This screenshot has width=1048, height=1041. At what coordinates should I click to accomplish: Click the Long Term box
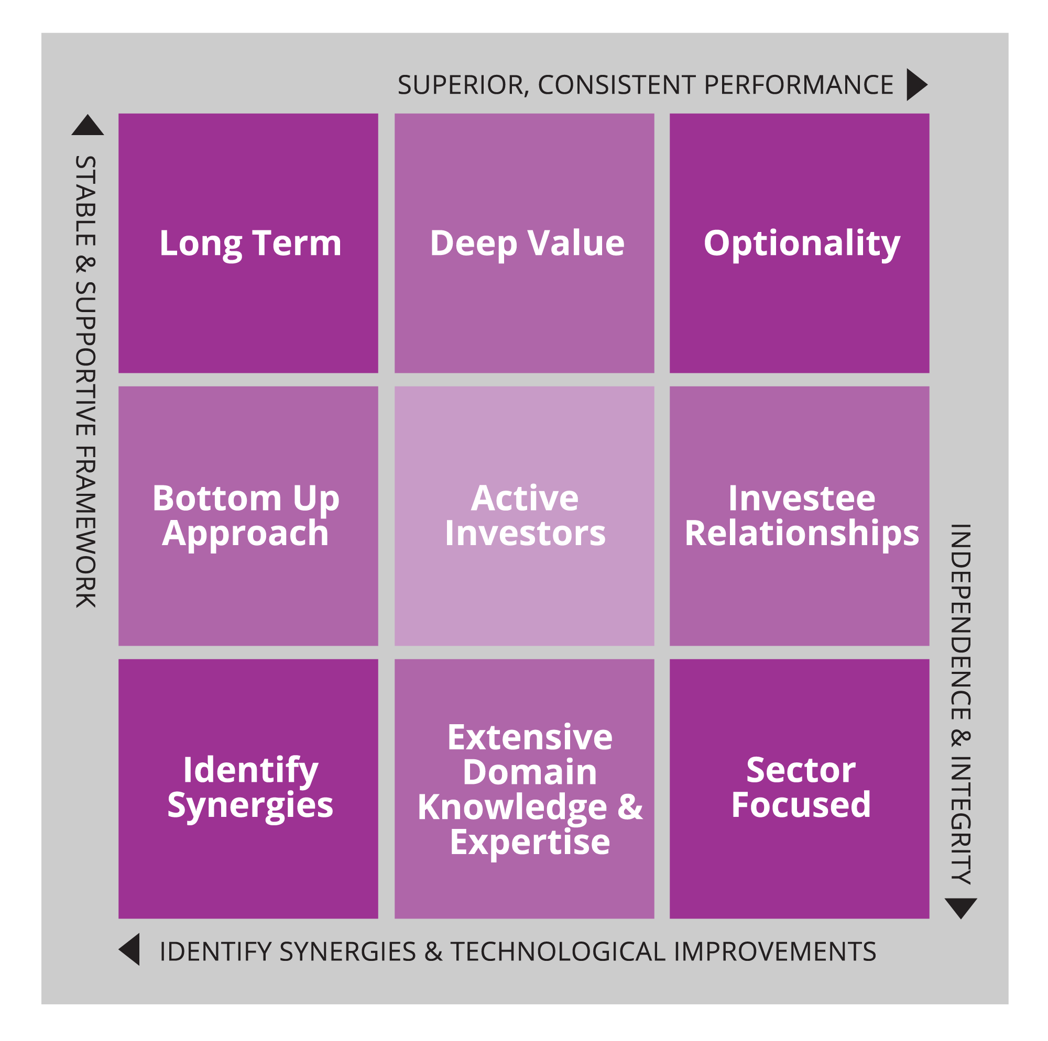[248, 243]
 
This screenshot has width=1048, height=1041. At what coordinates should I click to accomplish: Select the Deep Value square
[524, 243]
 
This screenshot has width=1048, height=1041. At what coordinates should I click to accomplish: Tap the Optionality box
[800, 243]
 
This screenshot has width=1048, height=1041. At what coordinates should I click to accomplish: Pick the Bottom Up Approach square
[248, 516]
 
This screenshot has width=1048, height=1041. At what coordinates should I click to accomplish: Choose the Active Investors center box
[524, 516]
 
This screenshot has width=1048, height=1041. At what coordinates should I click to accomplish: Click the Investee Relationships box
[800, 516]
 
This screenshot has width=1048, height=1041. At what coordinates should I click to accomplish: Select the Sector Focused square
[800, 789]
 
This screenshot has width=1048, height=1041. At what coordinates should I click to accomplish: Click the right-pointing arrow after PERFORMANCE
[916, 85]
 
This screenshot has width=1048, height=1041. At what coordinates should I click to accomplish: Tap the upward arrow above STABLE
[88, 125]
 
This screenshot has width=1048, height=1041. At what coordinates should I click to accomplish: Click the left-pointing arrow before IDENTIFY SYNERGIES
[129, 949]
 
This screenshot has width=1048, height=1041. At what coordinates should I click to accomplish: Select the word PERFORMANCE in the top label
[799, 85]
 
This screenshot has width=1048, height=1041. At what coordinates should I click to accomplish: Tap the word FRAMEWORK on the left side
[86, 526]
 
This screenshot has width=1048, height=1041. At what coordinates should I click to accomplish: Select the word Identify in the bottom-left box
[250, 771]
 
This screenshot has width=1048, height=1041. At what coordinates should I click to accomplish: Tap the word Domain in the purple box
[530, 772]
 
